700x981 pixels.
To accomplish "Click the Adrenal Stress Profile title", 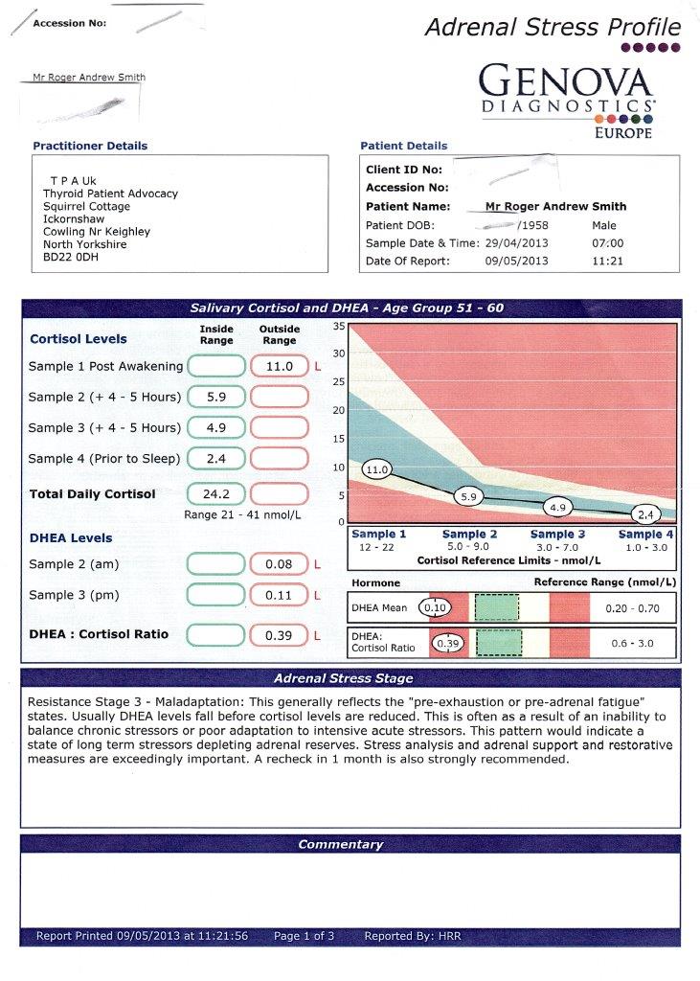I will (553, 27).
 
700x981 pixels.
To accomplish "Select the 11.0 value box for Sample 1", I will (279, 366).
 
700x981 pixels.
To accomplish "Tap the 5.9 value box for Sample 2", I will (216, 397).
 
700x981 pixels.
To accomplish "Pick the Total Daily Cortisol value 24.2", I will (216, 494).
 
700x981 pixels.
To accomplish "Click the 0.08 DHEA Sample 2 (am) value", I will (279, 564).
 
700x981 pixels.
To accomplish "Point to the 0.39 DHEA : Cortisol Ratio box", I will (279, 634).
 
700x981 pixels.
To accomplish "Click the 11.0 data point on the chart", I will (377, 469).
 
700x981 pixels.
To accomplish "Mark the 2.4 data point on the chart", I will (647, 514).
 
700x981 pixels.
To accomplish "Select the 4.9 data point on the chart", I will (558, 507).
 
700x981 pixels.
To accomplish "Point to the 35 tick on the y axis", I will (338, 327).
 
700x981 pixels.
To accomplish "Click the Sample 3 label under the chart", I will (558, 535).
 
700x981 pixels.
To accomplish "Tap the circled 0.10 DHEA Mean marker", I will (436, 607).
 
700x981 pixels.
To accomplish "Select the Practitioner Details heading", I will (90, 146).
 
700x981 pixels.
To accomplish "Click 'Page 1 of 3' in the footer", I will (304, 936).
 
